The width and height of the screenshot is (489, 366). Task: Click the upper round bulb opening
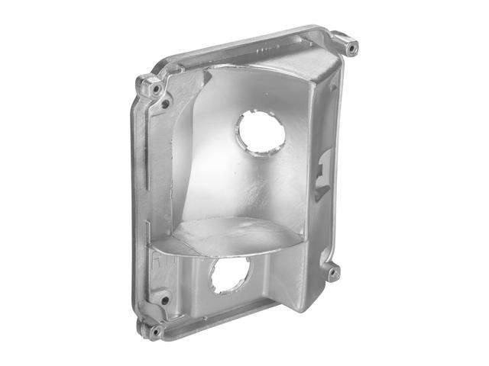tap(261, 132)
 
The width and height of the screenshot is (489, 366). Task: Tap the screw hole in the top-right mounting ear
tap(351, 48)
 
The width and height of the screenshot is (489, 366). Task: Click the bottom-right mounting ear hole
tap(333, 271)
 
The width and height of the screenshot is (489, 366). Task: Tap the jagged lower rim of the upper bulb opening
tap(260, 149)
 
